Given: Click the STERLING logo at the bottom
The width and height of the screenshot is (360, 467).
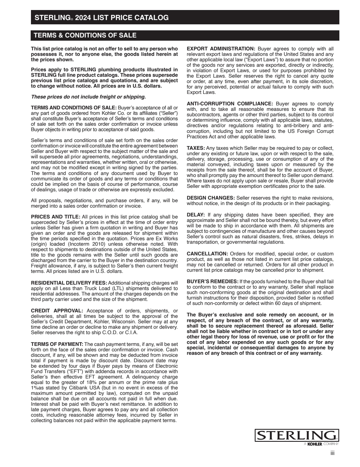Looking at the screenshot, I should click(297, 436).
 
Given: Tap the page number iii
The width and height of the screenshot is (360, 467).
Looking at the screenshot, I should click(332, 453).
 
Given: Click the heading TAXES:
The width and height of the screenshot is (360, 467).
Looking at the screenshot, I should click(196, 148).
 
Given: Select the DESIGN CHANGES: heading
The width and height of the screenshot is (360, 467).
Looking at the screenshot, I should click(211, 198).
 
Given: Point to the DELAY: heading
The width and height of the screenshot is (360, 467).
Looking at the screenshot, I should click(196, 215).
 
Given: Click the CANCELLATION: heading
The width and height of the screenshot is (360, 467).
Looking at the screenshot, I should click(207, 254).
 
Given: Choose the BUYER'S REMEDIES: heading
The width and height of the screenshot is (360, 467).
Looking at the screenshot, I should click(212, 281).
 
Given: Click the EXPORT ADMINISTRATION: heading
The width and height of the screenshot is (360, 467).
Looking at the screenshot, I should click(221, 49).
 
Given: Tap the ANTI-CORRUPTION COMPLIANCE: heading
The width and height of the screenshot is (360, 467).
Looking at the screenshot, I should click(230, 104).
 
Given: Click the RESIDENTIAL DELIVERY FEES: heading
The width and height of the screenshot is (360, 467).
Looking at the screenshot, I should click(69, 283).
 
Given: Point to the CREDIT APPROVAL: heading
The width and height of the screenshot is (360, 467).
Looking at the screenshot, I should click(57, 311).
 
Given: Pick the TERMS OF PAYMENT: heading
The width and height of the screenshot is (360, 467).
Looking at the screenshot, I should click(57, 344).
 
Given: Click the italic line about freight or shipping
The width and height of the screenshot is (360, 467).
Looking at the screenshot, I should click(88, 97).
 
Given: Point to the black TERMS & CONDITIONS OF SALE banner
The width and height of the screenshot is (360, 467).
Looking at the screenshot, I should click(185, 36).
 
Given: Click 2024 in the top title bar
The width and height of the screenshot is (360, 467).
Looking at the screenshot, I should click(83, 18).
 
